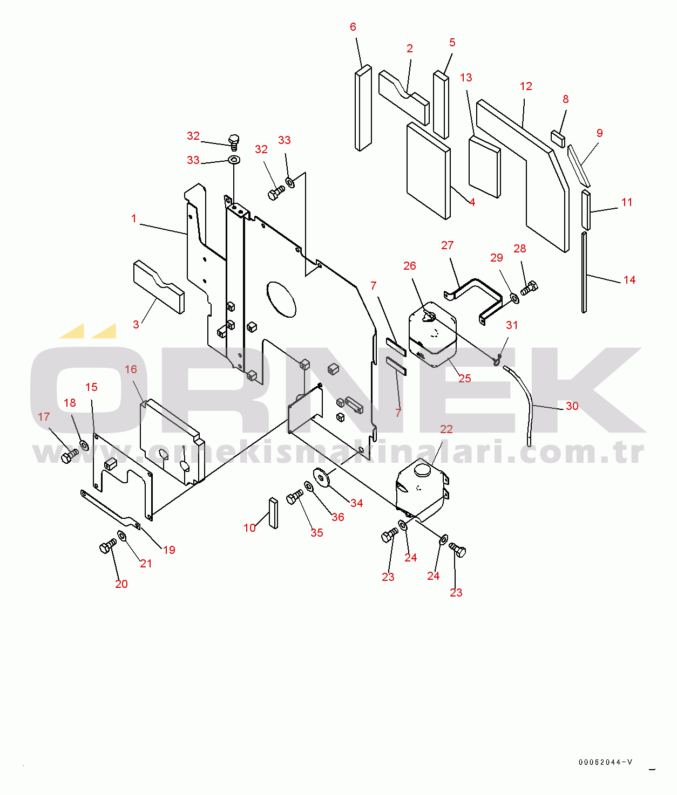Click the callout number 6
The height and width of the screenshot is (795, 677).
tap(353, 27)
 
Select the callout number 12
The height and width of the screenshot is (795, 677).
tap(526, 86)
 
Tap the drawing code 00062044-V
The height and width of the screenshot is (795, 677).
tap(605, 762)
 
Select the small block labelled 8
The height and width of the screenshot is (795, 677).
tap(558, 139)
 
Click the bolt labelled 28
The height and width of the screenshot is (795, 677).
tap(530, 287)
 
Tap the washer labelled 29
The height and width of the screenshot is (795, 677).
tap(514, 298)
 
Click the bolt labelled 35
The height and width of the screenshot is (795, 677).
tap(295, 497)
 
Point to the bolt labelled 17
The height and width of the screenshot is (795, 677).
tap(70, 456)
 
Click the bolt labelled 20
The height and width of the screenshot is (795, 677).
tap(107, 545)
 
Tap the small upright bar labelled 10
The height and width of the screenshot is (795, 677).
tap(273, 513)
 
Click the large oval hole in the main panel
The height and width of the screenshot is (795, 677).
tap(281, 300)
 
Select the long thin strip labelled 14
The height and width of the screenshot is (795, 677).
tap(584, 272)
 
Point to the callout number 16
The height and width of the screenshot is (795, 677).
tap(131, 369)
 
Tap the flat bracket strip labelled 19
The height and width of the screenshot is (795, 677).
tap(110, 510)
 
